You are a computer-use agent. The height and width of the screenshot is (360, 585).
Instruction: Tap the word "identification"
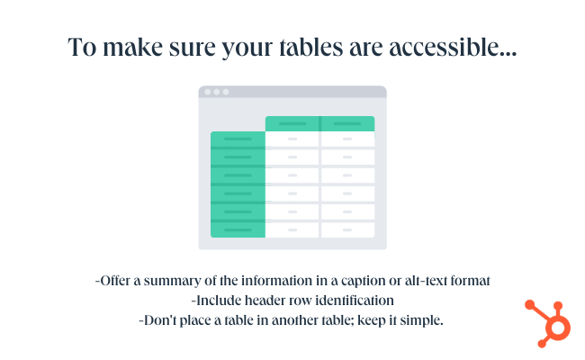tap(352, 300)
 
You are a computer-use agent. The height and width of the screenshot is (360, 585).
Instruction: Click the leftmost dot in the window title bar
tap(207, 92)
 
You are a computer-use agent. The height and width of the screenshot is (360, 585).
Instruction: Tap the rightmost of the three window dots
tap(226, 92)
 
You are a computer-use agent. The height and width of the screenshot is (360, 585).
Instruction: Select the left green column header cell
tap(292, 123)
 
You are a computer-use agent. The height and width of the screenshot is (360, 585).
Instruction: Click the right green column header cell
tap(347, 123)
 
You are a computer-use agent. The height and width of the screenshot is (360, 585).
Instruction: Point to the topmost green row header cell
tap(238, 139)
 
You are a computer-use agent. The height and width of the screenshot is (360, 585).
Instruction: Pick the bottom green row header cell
tap(238, 230)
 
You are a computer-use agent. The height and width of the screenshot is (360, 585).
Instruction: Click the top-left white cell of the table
tap(292, 139)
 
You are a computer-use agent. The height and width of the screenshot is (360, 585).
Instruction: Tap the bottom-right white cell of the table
tap(347, 230)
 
